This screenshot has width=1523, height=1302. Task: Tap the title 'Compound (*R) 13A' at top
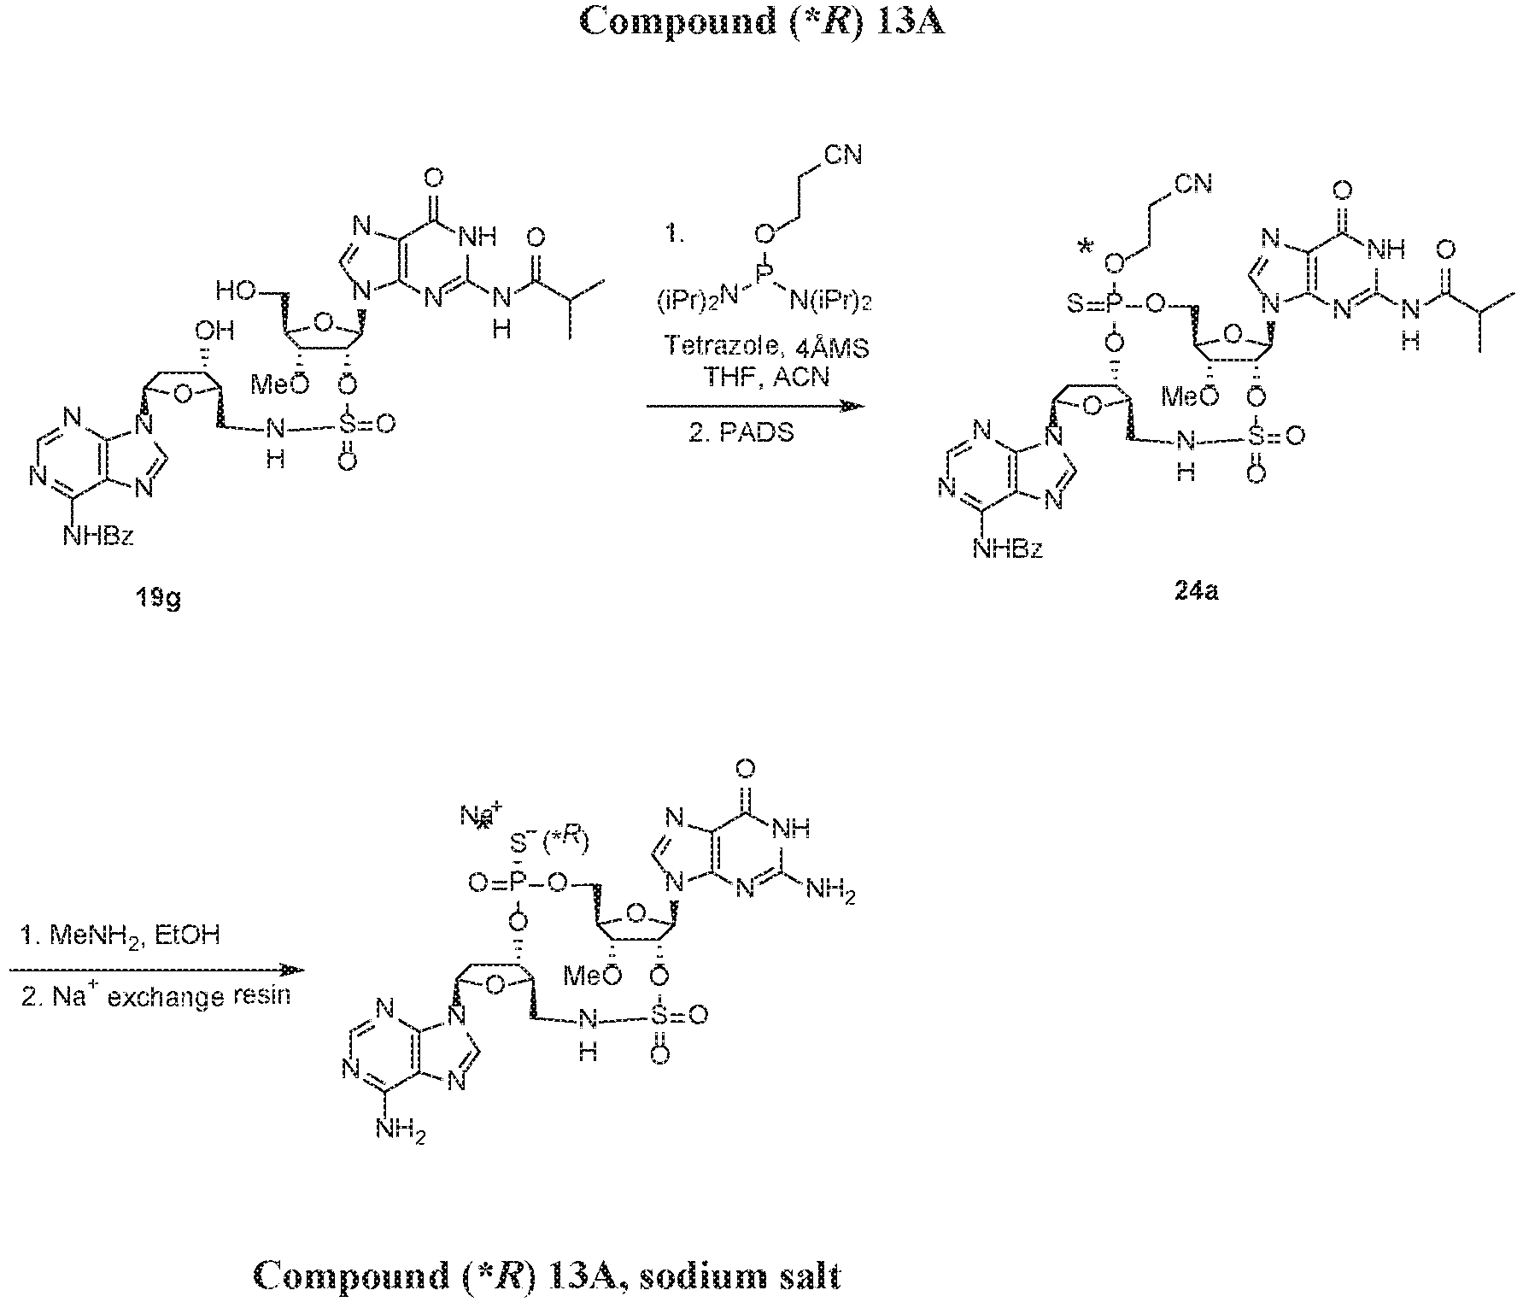761,21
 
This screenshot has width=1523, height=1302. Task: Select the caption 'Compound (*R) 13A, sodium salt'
548,1276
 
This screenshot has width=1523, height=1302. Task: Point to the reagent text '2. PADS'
741,432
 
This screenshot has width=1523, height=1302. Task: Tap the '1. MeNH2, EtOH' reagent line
120,936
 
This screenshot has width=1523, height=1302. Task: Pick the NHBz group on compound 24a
1008,548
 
